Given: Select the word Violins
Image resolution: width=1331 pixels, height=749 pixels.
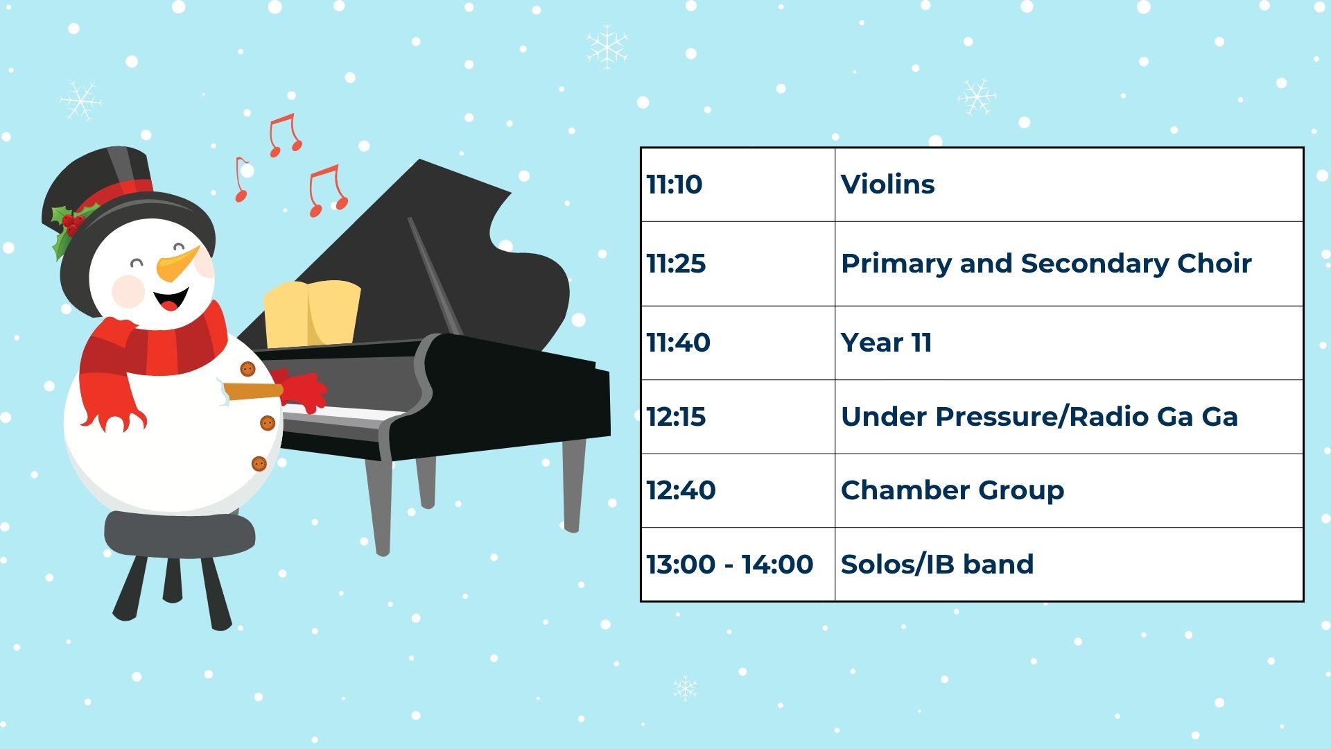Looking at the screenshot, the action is pyautogui.click(x=887, y=184).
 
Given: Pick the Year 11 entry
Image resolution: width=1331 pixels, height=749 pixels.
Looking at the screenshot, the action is pyautogui.click(x=886, y=343).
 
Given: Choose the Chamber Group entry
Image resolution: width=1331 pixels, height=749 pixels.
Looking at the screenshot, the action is pyautogui.click(x=952, y=491).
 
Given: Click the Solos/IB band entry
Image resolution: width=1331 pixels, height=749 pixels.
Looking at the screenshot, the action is pyautogui.click(x=937, y=565).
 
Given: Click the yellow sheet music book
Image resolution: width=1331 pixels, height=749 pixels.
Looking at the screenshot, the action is pyautogui.click(x=312, y=313).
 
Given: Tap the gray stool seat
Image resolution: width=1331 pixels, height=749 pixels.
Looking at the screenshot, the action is pyautogui.click(x=180, y=533).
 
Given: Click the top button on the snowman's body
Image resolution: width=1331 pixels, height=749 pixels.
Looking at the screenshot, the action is pyautogui.click(x=247, y=369).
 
